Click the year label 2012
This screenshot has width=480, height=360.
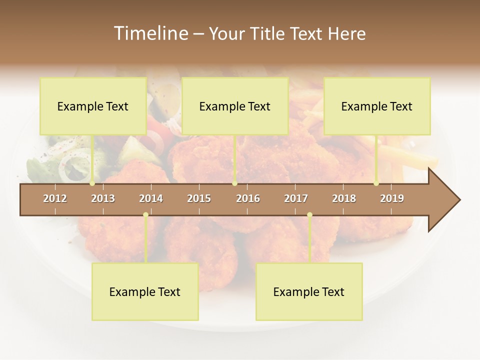tap(55, 198)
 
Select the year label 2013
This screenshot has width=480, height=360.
tap(103, 198)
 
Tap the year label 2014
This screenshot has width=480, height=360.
tap(151, 198)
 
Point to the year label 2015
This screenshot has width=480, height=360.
tap(199, 198)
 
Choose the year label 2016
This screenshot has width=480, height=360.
tap(248, 198)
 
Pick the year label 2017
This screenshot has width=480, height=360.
tap(296, 198)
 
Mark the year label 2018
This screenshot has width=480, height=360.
tap(344, 198)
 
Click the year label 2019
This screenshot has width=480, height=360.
tap(392, 198)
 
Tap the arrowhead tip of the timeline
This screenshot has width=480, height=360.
tap(459, 200)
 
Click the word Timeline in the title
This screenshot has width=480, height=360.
tap(150, 33)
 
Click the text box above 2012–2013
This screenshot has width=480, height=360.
tap(93, 106)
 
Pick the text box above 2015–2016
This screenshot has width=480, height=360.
tap(235, 106)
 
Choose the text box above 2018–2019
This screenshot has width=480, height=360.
tap(377, 106)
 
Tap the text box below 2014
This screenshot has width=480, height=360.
tap(145, 291)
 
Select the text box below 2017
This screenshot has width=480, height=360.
tap(309, 291)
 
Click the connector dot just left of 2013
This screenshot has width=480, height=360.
tap(92, 183)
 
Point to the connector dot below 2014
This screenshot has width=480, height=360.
tap(145, 215)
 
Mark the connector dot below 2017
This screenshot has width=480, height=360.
tap(309, 215)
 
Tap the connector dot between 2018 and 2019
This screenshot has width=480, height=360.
tap(376, 183)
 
